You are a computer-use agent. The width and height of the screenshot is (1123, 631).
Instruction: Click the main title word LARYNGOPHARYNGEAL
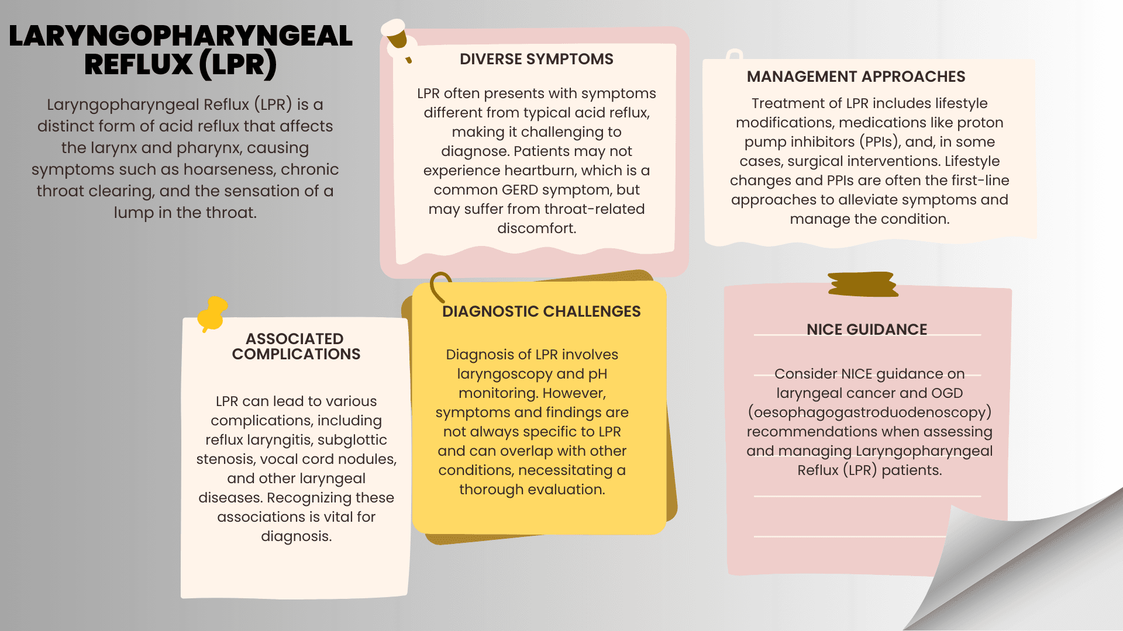point(180,36)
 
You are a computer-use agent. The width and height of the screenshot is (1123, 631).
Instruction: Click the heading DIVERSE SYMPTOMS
point(536,59)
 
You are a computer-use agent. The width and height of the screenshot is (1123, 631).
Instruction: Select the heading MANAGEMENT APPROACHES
point(856,77)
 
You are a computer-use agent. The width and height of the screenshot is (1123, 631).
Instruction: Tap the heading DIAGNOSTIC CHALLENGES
point(541,311)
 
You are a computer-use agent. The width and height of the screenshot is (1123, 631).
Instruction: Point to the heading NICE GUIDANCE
point(866,330)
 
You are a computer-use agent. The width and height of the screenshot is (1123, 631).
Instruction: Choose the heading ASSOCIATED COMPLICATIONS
point(296,346)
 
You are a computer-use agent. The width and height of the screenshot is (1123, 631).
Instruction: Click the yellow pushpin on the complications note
point(212,313)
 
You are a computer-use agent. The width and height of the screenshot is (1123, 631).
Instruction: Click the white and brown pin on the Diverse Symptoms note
point(397,36)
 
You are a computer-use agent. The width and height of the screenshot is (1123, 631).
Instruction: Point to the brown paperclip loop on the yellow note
point(440,285)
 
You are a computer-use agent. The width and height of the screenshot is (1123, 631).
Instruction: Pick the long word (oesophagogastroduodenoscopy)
point(869,412)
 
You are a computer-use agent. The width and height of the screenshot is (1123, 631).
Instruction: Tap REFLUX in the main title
point(138,64)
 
